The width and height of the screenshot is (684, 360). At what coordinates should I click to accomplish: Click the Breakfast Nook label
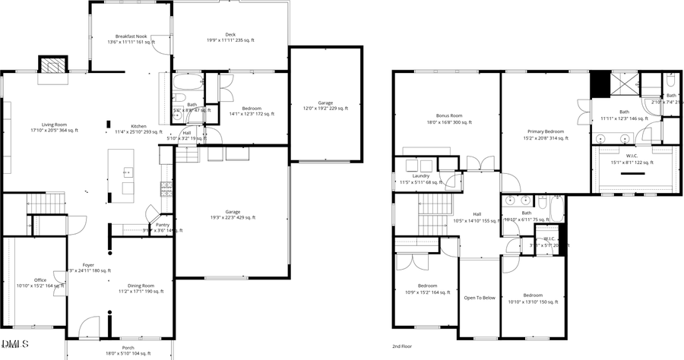(x=131, y=36)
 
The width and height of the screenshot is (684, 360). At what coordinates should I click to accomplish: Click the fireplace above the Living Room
(x=52, y=66)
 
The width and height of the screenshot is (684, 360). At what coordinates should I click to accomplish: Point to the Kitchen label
(x=138, y=126)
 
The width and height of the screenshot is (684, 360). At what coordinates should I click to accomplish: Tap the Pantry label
(x=163, y=225)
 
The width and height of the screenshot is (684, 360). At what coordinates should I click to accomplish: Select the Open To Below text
(x=480, y=298)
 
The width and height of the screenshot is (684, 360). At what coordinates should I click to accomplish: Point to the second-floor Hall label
(x=477, y=214)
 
